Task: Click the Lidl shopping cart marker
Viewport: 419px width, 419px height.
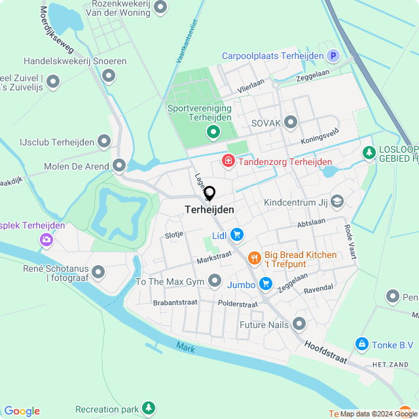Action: coord(236,234)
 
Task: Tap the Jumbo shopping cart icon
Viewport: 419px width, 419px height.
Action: coord(265,283)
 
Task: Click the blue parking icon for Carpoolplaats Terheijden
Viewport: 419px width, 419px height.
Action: coord(333,56)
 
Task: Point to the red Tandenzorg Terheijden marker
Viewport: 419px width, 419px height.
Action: coord(228,160)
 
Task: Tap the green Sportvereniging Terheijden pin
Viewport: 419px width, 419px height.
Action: coord(213,132)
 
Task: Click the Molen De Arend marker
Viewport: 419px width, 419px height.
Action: coord(119,166)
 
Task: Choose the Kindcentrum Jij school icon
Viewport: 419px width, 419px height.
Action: coord(337,201)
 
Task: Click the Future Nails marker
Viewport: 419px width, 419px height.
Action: coord(299,323)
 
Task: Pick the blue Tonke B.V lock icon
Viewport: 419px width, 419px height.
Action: coord(361,344)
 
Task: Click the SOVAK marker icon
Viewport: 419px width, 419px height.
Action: coord(291,122)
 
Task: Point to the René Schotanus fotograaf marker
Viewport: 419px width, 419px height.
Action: coord(99,271)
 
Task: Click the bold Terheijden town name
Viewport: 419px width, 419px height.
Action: coord(205,210)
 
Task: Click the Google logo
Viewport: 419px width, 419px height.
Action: coord(22,411)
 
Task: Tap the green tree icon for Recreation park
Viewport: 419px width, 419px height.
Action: coord(149,409)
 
